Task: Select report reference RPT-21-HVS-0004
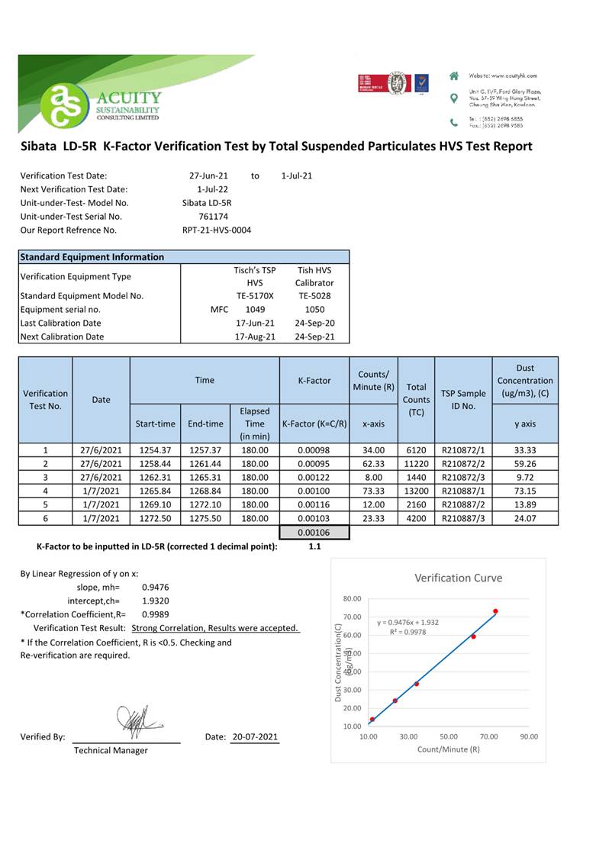[217, 230]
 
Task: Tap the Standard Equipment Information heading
[92, 257]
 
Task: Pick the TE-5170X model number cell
[255, 296]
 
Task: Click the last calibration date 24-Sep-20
[314, 323]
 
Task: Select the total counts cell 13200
[416, 491]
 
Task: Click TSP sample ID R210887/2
[463, 504]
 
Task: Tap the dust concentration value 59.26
[525, 462]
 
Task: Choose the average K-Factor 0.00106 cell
[314, 533]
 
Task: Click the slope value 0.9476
[156, 587]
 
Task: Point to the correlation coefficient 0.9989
[156, 614]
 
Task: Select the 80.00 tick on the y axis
[351, 599]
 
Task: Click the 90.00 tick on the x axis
[529, 737]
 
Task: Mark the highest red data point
[495, 611]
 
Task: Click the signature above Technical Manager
[136, 719]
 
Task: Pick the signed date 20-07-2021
[255, 737]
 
